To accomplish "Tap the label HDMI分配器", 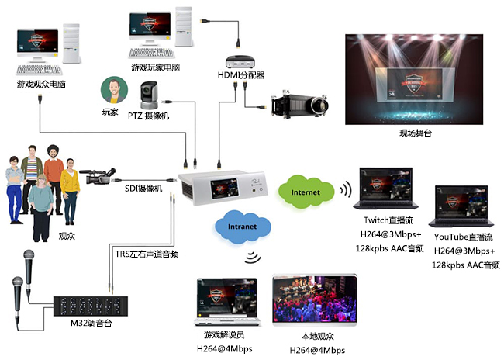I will pos(241,75).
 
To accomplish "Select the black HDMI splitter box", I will pos(241,59).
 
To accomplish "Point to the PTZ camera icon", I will pos(147,97).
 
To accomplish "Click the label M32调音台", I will pos(91,321).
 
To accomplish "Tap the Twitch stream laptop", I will pos(385,189).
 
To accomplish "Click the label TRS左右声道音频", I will pos(148,252).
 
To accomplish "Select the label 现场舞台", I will pos(415,133).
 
